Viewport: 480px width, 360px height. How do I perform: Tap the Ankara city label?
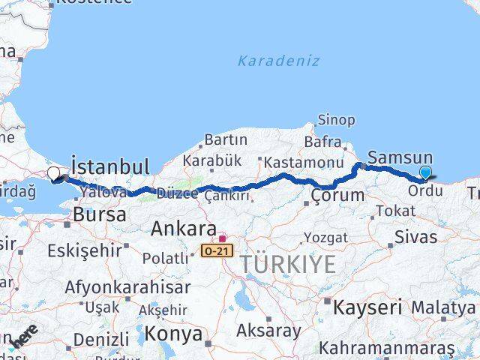(x=184, y=229)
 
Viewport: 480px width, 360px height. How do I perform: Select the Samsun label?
(x=400, y=157)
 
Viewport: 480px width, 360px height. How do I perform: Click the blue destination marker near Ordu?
(x=425, y=173)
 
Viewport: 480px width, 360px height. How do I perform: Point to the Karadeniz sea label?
(x=279, y=61)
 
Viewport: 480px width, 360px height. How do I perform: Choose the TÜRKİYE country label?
(x=289, y=264)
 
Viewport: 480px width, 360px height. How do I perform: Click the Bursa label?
(x=98, y=215)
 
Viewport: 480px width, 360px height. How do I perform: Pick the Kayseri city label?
(x=367, y=307)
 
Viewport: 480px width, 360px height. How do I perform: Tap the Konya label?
(x=174, y=333)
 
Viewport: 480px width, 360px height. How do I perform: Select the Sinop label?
(x=336, y=119)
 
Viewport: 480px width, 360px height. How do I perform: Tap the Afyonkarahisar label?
(x=127, y=286)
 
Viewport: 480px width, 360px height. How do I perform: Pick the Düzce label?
(x=177, y=193)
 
